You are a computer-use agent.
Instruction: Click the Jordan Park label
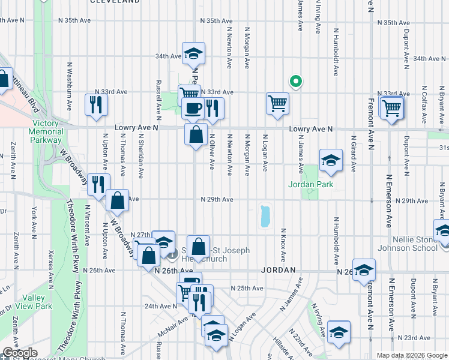click(x=310, y=184)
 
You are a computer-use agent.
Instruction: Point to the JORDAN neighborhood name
click(x=279, y=271)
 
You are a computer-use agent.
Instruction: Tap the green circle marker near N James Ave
click(x=295, y=81)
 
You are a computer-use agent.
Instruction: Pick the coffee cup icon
click(x=193, y=109)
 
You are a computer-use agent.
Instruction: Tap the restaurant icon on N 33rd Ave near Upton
click(x=96, y=105)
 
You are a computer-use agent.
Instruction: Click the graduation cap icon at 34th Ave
click(x=193, y=54)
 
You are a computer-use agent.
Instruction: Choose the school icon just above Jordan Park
click(x=330, y=160)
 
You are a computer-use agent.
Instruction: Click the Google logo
click(x=20, y=353)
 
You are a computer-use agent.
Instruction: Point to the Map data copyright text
click(x=411, y=355)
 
